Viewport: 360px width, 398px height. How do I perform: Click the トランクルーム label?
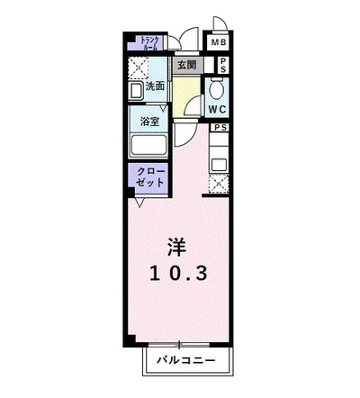tap(148, 43)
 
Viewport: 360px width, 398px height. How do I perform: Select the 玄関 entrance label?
tap(186, 65)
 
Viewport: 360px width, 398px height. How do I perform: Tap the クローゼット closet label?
tap(150, 176)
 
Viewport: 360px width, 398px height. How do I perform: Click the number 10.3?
tap(179, 273)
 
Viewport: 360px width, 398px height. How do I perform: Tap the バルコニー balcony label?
tap(184, 359)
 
